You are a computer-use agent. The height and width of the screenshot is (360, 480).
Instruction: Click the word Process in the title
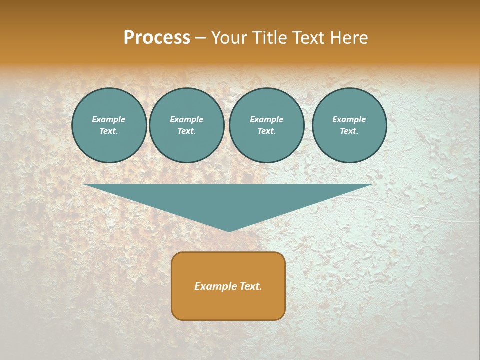[157, 38]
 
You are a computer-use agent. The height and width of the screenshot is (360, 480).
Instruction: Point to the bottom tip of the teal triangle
[229, 231]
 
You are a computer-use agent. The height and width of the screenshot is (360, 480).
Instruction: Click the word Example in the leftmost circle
[109, 119]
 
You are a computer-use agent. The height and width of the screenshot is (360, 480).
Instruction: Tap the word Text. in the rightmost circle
[349, 131]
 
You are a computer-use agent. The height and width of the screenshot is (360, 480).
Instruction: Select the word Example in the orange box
[214, 286]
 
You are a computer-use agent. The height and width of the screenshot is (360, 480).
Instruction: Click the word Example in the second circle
[187, 119]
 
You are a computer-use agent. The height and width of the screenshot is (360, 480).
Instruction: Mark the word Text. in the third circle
[267, 131]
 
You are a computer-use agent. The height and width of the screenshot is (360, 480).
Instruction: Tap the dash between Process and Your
[200, 38]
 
